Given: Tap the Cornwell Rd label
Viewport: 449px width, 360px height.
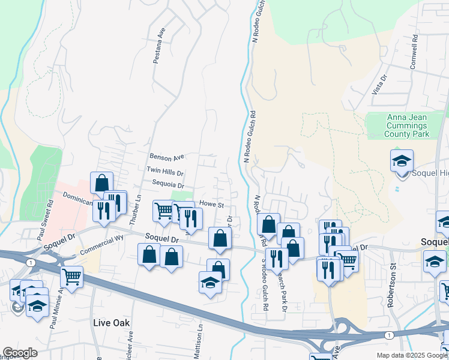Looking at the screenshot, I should [413, 52].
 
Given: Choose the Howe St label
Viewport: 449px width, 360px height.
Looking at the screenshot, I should [211, 205].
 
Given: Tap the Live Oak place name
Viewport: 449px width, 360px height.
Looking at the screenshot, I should [112, 323].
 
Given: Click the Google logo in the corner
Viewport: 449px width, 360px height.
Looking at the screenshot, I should [19, 353].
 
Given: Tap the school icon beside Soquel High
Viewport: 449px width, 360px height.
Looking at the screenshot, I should [402, 161].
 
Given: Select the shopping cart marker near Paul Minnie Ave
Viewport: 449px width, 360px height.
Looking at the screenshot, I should [71, 277].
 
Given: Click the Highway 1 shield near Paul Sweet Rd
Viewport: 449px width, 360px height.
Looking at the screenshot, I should [29, 263].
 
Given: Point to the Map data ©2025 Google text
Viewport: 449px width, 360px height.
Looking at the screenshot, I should [412, 355].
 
